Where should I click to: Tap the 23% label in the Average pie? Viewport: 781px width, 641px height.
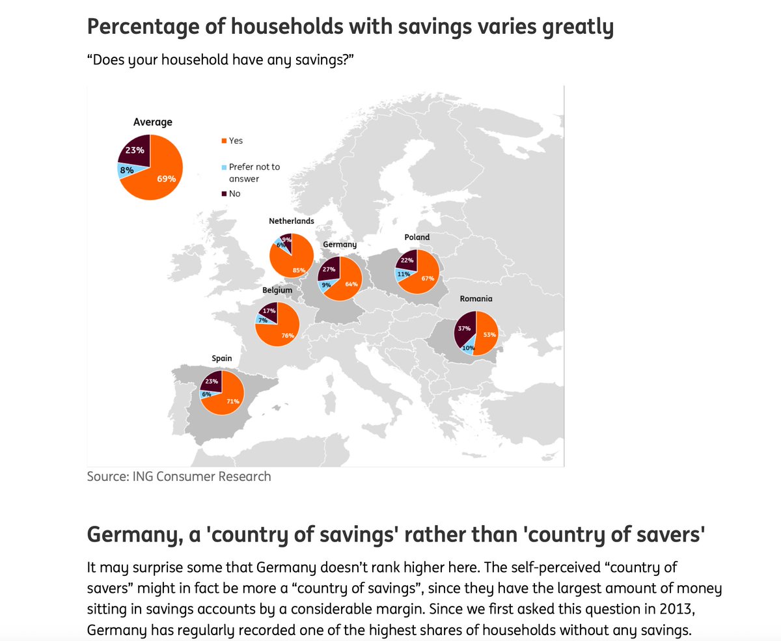click(x=135, y=150)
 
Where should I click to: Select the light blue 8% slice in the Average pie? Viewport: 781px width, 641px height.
click(x=126, y=170)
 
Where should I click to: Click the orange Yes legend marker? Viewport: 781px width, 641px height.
click(x=225, y=141)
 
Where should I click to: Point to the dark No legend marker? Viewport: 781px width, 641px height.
click(x=225, y=193)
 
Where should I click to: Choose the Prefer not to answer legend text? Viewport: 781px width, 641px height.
click(x=254, y=172)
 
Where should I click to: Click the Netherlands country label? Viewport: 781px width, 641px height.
click(x=292, y=221)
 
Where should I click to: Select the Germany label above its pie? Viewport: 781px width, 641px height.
click(x=340, y=244)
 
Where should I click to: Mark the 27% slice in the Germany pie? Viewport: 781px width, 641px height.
click(x=329, y=268)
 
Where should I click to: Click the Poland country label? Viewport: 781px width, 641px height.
click(x=417, y=238)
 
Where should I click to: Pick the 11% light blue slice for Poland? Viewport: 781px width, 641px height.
click(x=404, y=275)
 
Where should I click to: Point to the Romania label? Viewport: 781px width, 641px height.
click(x=476, y=299)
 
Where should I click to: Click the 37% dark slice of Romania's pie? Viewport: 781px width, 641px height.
click(x=464, y=329)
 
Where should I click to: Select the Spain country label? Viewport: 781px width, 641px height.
click(x=221, y=358)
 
